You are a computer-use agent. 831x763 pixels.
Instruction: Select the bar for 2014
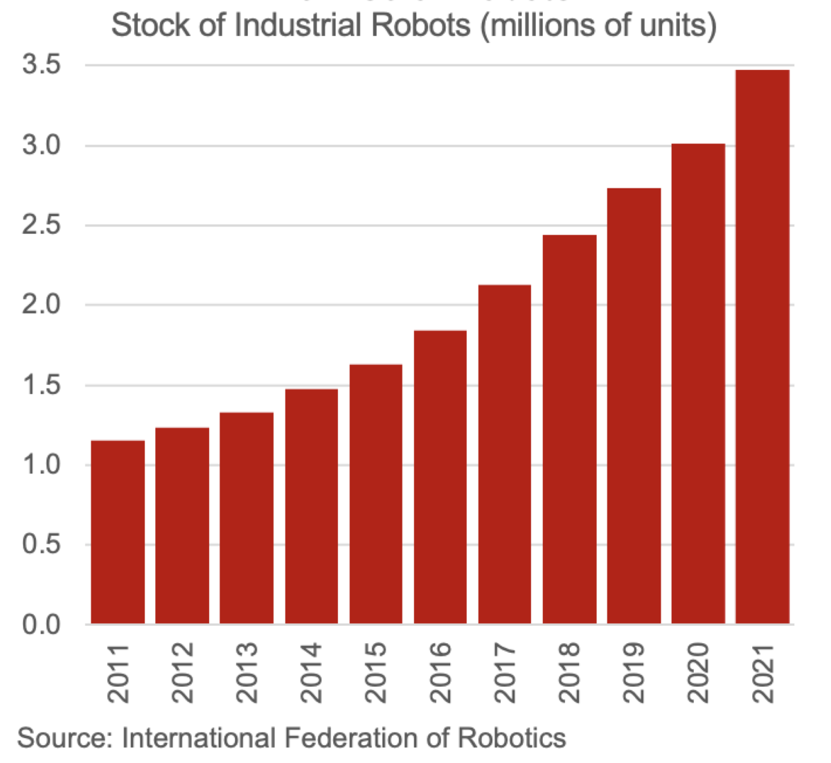(311, 506)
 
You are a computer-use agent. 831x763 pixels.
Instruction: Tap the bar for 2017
(505, 454)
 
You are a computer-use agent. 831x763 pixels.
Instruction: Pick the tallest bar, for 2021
(762, 346)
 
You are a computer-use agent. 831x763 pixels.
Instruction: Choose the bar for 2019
(634, 406)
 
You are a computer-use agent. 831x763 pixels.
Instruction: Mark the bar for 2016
(440, 477)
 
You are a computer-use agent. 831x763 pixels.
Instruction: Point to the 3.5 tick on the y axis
(42, 66)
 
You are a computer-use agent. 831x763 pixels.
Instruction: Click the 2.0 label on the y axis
(42, 305)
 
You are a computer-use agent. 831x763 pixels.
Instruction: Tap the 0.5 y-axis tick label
(42, 545)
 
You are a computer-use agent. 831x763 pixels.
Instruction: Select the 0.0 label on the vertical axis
(42, 625)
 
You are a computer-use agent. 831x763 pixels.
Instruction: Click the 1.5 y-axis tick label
(42, 386)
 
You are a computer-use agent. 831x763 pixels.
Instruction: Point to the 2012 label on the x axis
(183, 673)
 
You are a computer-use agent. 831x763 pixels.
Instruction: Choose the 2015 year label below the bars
(376, 673)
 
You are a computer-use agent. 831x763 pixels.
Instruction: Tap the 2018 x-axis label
(569, 673)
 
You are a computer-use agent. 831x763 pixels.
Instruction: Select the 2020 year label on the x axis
(698, 673)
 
